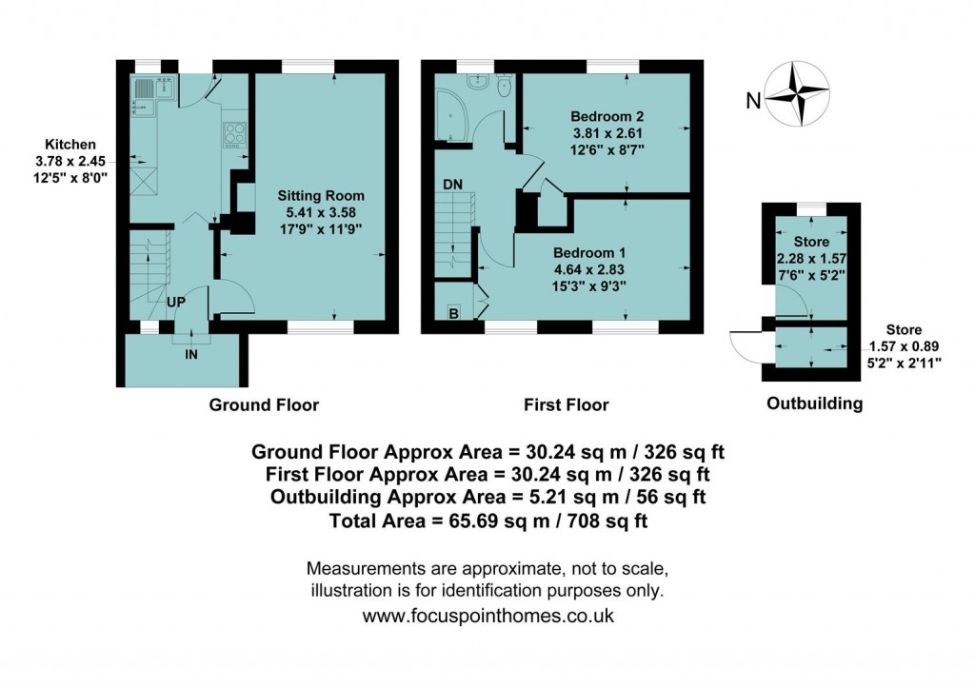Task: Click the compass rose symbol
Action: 797,92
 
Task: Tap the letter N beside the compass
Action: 753,100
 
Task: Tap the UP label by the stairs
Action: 176,301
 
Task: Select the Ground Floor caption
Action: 264,404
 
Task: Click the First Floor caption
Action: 566,404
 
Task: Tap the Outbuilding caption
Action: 815,403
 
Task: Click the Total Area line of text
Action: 487,521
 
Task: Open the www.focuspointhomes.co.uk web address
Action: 488,615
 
